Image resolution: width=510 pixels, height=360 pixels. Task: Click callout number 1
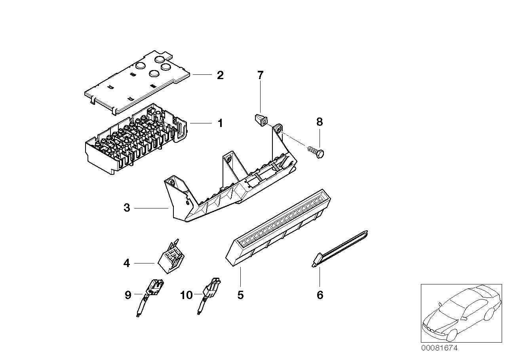click(220, 123)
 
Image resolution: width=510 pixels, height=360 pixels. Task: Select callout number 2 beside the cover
click(220, 75)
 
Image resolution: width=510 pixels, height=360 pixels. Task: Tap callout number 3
click(127, 208)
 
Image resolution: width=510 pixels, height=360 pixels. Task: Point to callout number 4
click(127, 263)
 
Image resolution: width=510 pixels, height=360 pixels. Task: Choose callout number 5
click(240, 295)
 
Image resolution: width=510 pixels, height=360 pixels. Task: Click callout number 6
click(320, 295)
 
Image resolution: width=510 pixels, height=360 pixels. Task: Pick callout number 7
click(260, 75)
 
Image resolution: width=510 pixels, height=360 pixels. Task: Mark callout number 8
click(320, 122)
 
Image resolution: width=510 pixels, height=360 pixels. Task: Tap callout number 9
click(128, 295)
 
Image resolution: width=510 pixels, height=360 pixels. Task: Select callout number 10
click(186, 295)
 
